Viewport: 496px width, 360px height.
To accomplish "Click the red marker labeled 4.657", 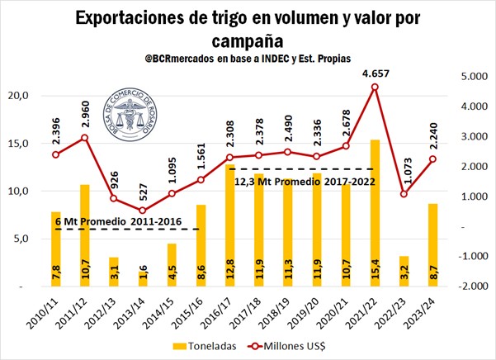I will pyautogui.click(x=375, y=88).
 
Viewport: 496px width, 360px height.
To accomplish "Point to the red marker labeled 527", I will pyautogui.click(x=143, y=211).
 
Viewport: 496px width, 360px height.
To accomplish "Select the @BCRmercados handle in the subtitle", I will pyautogui.click(x=178, y=60).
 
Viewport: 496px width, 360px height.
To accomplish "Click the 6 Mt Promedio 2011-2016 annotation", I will pyautogui.click(x=107, y=221).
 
